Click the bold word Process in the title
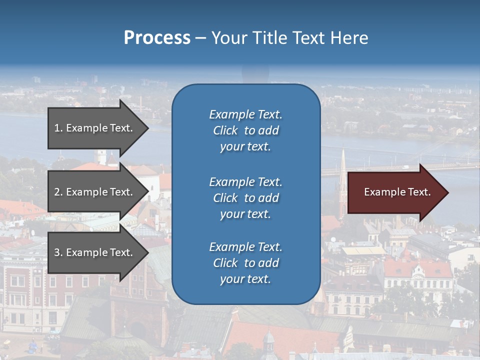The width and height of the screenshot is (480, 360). pos(157,38)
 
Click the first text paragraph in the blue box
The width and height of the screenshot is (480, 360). pos(245,130)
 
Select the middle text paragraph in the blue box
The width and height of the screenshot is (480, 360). pos(245,198)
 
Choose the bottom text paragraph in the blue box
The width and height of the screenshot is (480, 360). pos(245,263)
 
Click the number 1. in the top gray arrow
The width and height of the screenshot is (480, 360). pos(58,128)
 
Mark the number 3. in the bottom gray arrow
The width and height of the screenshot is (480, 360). pos(58,252)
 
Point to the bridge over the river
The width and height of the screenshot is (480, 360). pos(400,168)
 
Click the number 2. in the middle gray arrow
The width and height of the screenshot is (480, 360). pos(58,192)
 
